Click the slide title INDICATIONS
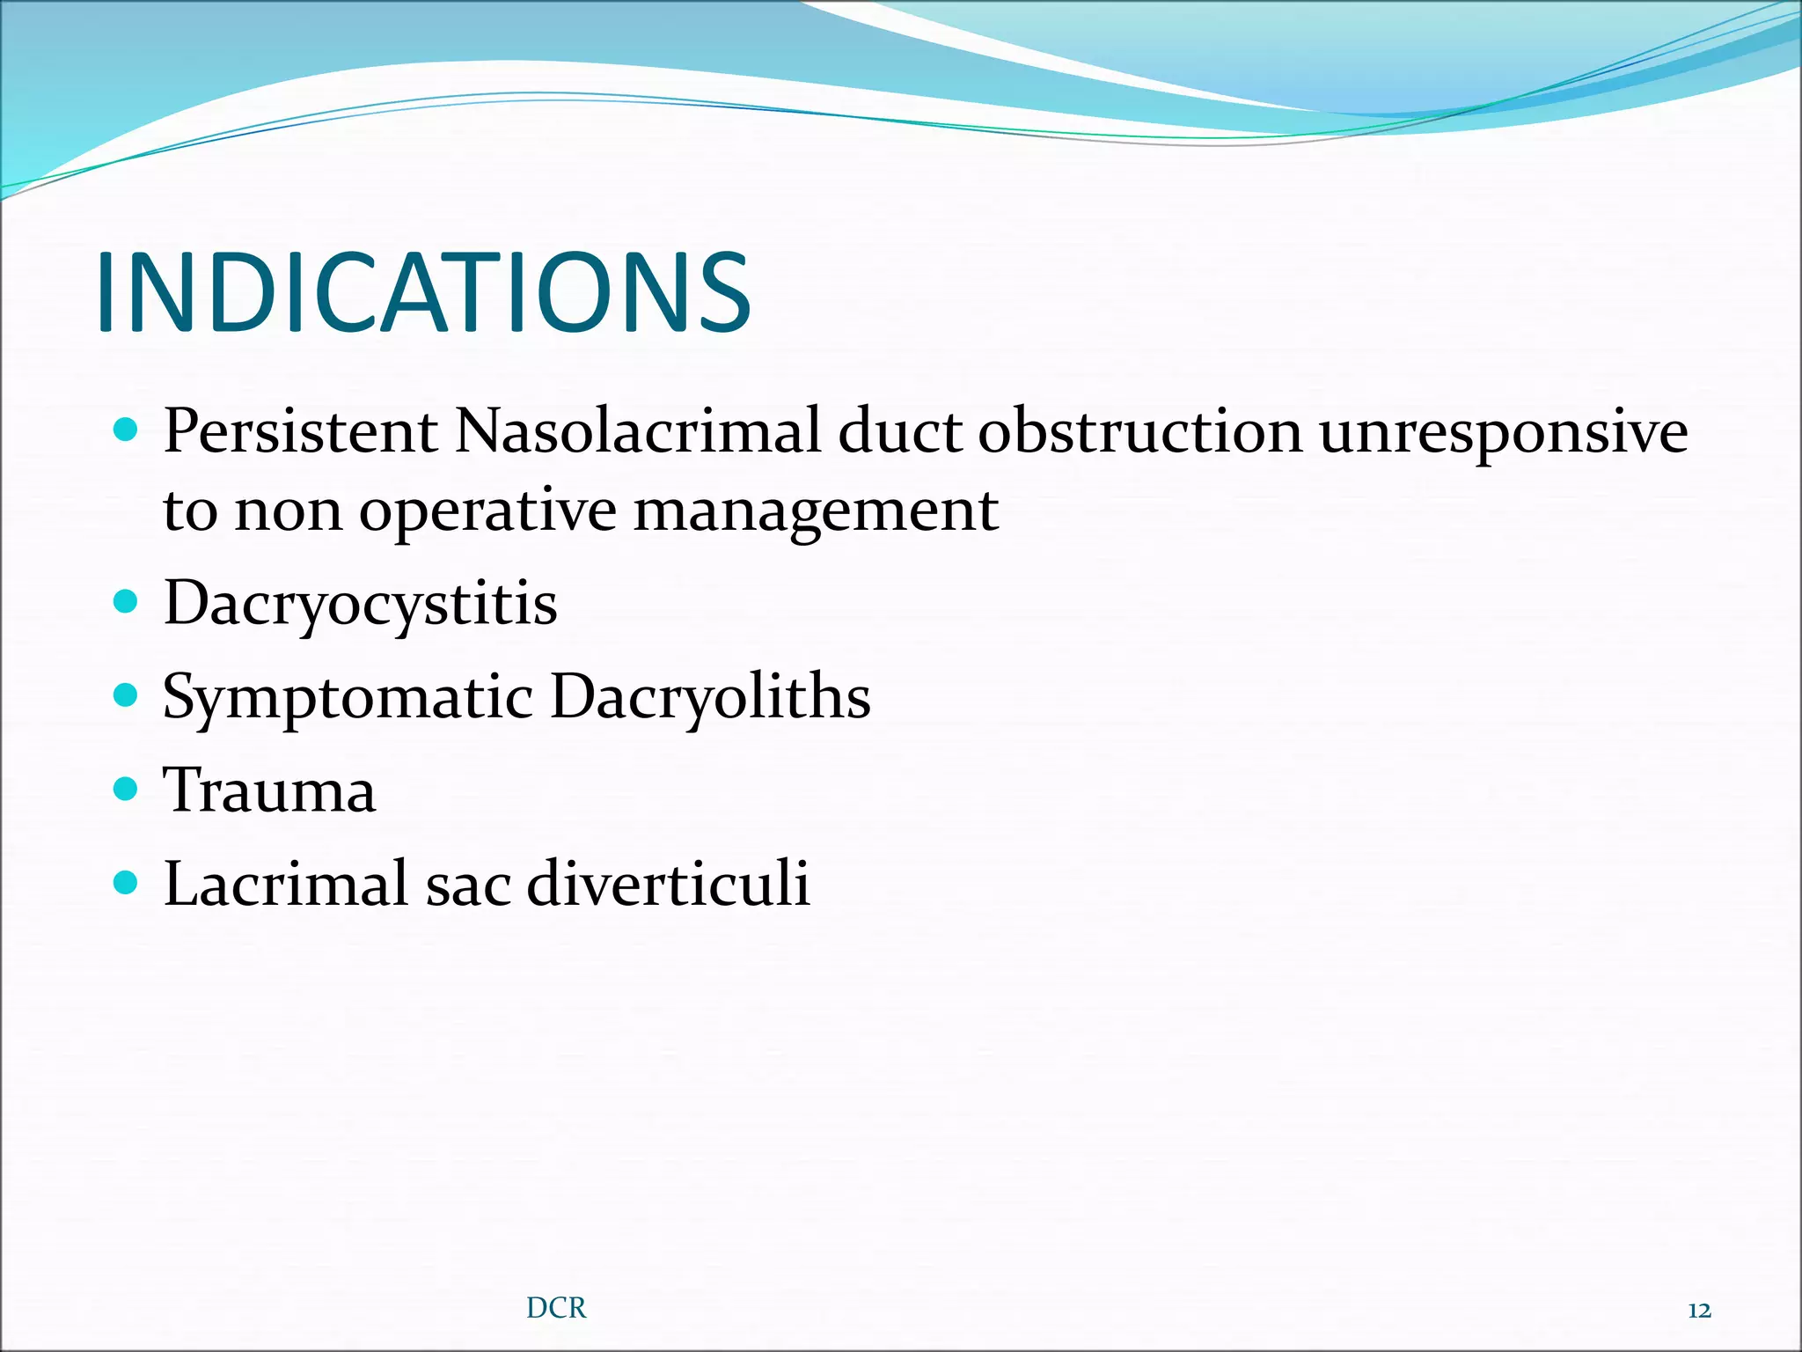422,292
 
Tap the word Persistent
300,431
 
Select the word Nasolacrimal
637,431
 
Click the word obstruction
1139,431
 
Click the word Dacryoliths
710,697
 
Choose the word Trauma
270,790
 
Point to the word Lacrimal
285,883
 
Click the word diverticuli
668,883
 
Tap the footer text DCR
556,1308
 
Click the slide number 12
1699,1311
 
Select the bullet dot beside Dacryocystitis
127,602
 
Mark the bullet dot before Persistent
127,430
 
